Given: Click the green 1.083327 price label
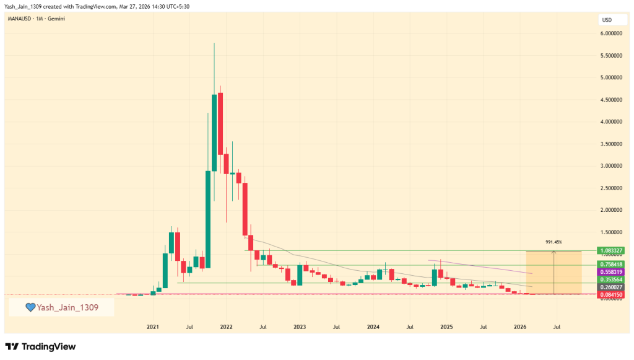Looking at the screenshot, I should click(x=611, y=251).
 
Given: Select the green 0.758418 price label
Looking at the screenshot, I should click(x=611, y=264).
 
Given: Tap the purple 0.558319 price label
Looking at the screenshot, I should click(x=611, y=272).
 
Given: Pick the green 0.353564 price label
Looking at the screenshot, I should click(x=611, y=280).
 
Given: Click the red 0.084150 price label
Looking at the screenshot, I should click(x=611, y=295).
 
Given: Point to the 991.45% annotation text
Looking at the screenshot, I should click(x=554, y=242).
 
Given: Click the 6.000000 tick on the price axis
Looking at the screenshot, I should click(x=611, y=33).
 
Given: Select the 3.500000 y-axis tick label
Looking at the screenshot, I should click(x=611, y=144).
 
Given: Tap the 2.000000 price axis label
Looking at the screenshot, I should click(x=611, y=210).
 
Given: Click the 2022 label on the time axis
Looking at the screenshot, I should click(x=226, y=326).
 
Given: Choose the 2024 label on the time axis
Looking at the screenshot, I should click(x=373, y=326).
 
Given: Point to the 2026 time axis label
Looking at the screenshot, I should click(x=520, y=326).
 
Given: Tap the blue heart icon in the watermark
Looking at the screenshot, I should click(x=30, y=307).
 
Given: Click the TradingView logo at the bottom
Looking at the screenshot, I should click(x=40, y=347).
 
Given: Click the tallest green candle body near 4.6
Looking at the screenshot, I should click(x=214, y=133).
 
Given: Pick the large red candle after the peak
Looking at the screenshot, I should click(x=220, y=124).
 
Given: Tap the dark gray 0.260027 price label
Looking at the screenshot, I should click(x=611, y=288).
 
